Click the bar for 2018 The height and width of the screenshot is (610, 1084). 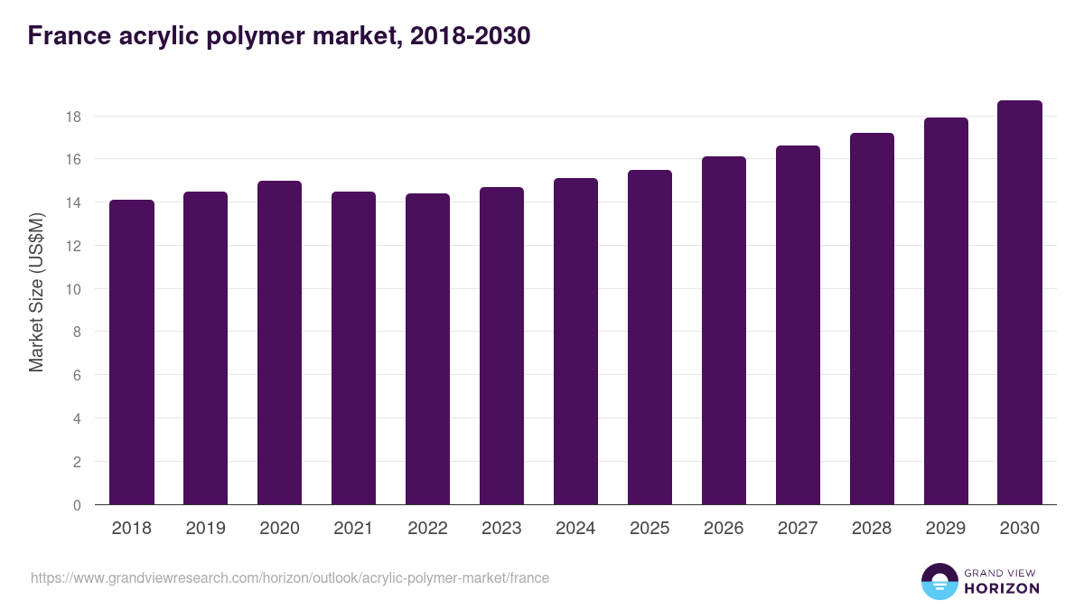[x=132, y=352]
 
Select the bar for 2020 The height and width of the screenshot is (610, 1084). [x=280, y=343]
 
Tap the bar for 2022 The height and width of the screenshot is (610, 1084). [x=428, y=349]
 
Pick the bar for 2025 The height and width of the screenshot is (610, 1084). [x=650, y=337]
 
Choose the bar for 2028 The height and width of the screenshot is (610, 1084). [x=873, y=319]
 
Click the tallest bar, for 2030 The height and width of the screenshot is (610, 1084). [x=1021, y=303]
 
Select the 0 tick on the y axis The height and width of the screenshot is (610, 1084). [x=78, y=505]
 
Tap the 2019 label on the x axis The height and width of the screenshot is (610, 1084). [x=206, y=529]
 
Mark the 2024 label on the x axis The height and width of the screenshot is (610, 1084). [x=576, y=529]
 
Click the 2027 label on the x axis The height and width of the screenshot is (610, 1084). [x=799, y=529]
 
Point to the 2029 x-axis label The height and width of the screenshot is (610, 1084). [x=947, y=529]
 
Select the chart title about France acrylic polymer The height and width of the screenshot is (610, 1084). [x=278, y=36]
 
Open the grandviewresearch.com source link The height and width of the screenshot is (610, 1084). [x=290, y=577]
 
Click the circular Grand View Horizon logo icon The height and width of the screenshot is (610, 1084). [x=939, y=582]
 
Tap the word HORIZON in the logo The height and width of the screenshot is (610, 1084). [x=1002, y=588]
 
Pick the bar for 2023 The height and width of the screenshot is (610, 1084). [x=502, y=346]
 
